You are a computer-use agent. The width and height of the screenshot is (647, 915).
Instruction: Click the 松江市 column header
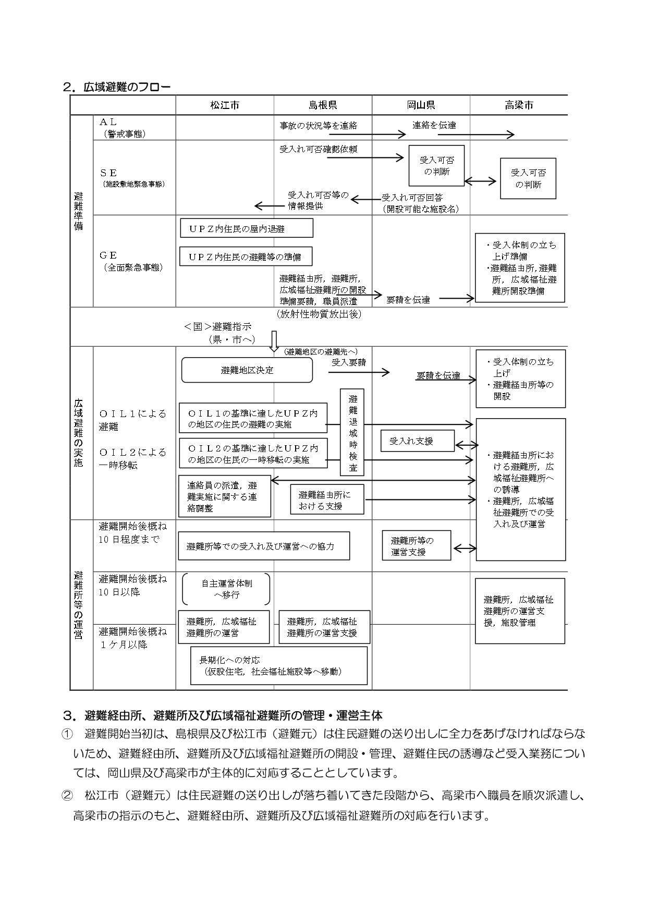pyautogui.click(x=225, y=105)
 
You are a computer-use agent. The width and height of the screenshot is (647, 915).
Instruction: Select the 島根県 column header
pyautogui.click(x=323, y=105)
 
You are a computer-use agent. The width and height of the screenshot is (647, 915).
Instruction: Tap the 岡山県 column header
pyautogui.click(x=421, y=105)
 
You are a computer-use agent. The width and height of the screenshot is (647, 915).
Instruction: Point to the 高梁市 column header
pyautogui.click(x=519, y=105)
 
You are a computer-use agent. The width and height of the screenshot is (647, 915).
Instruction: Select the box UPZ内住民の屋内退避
pyautogui.click(x=246, y=228)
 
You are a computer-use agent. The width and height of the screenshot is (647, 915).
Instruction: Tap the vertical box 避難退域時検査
pyautogui.click(x=352, y=432)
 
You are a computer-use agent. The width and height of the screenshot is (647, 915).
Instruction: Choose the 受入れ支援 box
pyautogui.click(x=417, y=441)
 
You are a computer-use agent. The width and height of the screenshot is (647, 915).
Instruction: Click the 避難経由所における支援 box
pyautogui.click(x=327, y=499)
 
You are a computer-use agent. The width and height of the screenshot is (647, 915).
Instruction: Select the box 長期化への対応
pyautogui.click(x=279, y=665)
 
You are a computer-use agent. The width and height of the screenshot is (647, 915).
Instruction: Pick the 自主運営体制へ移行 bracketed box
pyautogui.click(x=226, y=589)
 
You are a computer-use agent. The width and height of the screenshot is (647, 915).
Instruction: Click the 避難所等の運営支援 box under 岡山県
pyautogui.click(x=416, y=545)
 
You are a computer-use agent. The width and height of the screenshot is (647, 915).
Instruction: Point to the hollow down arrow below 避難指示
pyautogui.click(x=274, y=341)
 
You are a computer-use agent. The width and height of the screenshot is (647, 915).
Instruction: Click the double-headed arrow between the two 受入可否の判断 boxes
pyautogui.click(x=481, y=181)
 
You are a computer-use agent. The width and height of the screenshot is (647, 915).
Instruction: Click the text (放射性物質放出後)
pyautogui.click(x=320, y=314)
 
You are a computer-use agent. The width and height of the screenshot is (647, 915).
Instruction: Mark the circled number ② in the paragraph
pyautogui.click(x=68, y=796)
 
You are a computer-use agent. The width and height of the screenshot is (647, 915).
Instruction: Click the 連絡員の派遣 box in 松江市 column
pyautogui.click(x=225, y=496)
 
